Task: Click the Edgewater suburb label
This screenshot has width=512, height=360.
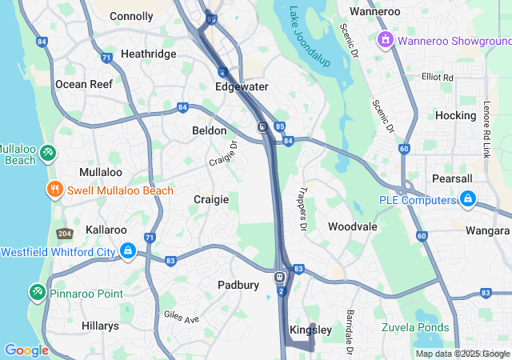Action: click(242, 86)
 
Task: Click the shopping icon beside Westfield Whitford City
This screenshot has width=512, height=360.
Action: click(127, 252)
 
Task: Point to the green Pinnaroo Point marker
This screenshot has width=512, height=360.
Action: click(37, 294)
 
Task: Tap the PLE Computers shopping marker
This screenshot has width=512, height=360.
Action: click(468, 199)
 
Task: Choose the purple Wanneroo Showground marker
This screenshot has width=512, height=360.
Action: click(385, 39)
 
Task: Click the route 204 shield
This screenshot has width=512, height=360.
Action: click(64, 234)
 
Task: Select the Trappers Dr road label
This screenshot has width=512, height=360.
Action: click(302, 210)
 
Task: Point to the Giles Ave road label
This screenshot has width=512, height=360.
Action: click(181, 318)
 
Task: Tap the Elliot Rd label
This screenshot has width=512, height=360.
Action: click(437, 78)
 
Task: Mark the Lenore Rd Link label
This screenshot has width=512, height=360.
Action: click(486, 129)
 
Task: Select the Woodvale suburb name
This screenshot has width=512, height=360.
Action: click(352, 226)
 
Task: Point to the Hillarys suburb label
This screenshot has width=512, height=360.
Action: click(100, 326)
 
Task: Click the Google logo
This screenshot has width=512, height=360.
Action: click(26, 350)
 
